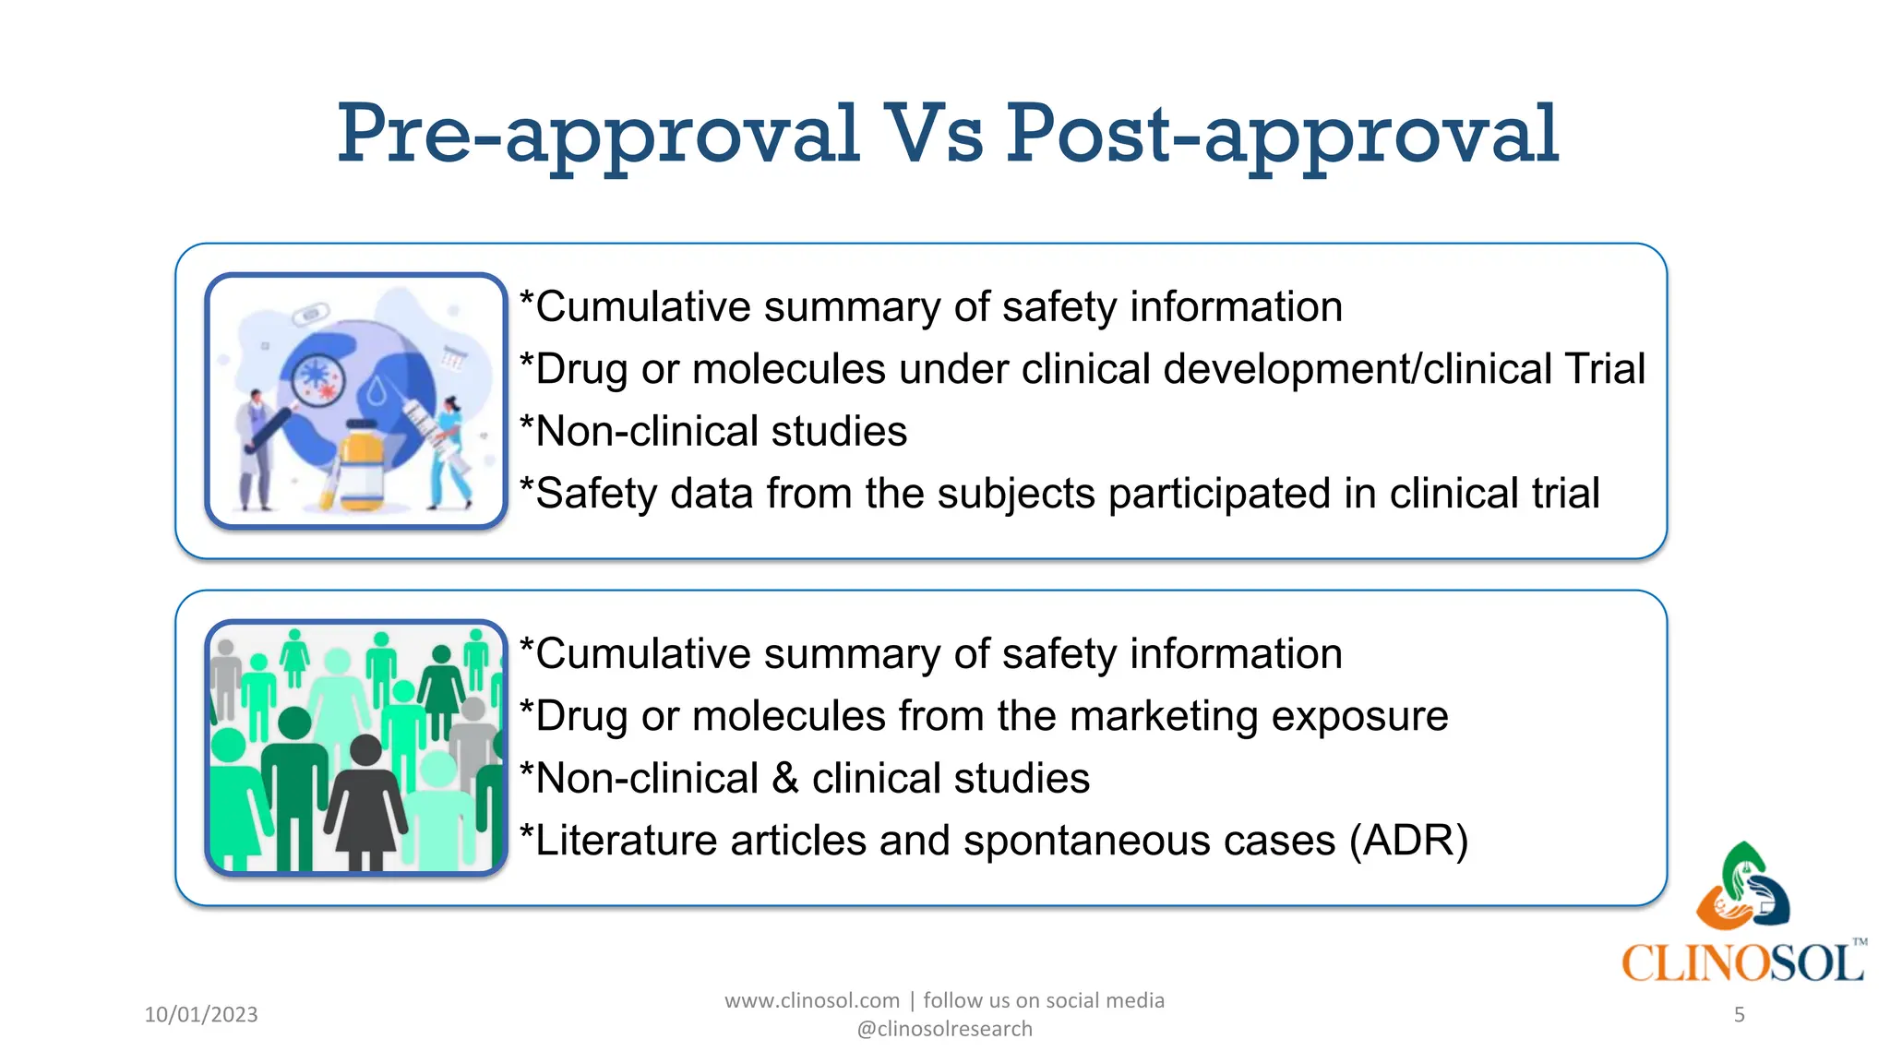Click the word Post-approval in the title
[1281, 135]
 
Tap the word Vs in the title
[932, 135]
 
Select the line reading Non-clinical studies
[713, 432]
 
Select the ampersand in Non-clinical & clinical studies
[784, 779]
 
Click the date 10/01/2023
[201, 1014]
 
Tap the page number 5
[1739, 1015]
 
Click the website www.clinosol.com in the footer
[811, 1000]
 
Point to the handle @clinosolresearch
[944, 1029]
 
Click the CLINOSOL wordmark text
[1742, 963]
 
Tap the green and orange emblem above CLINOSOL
[1742, 886]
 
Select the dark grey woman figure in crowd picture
[365, 798]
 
